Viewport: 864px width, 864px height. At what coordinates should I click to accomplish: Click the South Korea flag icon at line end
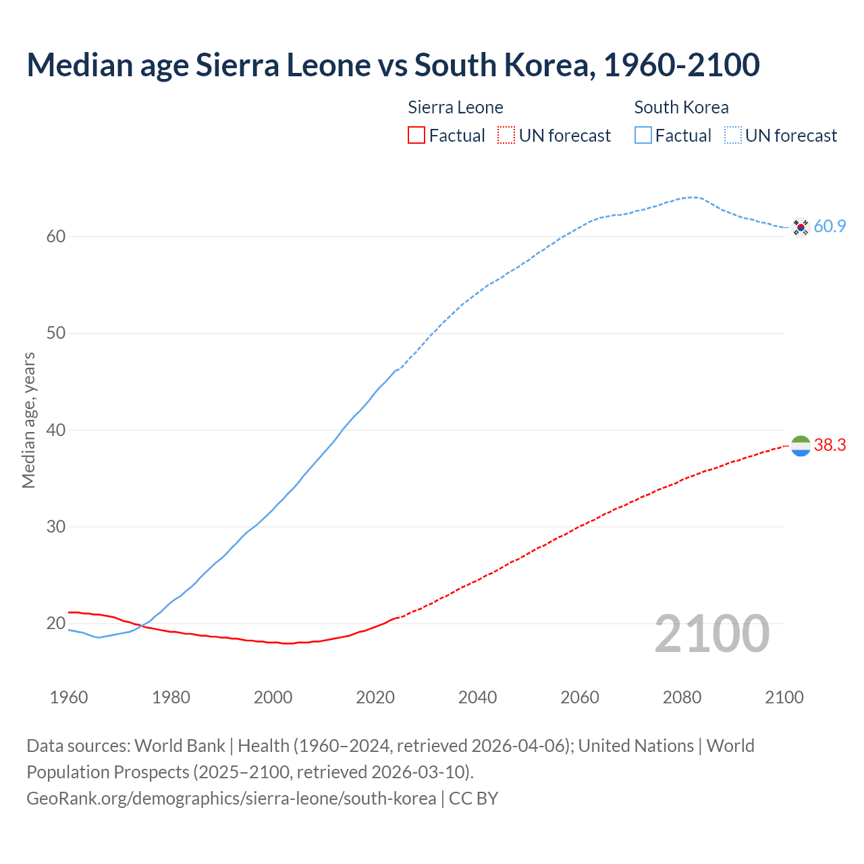click(x=801, y=227)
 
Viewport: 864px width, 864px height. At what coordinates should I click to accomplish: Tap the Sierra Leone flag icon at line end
click(x=801, y=446)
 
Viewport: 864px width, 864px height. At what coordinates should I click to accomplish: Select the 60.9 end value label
click(x=830, y=227)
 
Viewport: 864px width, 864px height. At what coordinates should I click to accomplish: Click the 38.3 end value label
click(x=830, y=446)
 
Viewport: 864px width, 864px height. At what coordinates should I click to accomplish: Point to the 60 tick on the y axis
click(x=56, y=236)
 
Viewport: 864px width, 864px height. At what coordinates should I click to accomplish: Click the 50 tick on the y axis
click(x=56, y=333)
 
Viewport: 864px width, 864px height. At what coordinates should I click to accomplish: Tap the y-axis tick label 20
click(x=56, y=623)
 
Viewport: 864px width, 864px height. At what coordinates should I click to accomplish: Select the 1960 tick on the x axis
click(x=69, y=697)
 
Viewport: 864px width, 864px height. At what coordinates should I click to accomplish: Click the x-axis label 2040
click(x=477, y=697)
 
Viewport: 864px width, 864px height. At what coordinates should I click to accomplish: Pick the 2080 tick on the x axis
click(x=682, y=697)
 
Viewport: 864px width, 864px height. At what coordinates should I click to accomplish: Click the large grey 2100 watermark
click(x=712, y=634)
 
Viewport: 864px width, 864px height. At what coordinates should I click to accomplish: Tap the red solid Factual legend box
click(x=416, y=136)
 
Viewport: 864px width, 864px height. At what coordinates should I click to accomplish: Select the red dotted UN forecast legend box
click(x=506, y=136)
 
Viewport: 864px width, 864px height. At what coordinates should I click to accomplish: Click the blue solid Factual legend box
click(x=643, y=136)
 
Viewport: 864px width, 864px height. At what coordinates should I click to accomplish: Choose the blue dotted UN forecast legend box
click(x=733, y=136)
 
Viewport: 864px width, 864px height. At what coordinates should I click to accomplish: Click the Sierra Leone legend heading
click(x=456, y=107)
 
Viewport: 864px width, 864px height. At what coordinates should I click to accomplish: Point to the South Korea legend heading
click(x=681, y=107)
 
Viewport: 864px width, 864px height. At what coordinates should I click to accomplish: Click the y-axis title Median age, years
click(x=28, y=420)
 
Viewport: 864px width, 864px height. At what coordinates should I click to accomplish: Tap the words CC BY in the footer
click(x=473, y=799)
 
